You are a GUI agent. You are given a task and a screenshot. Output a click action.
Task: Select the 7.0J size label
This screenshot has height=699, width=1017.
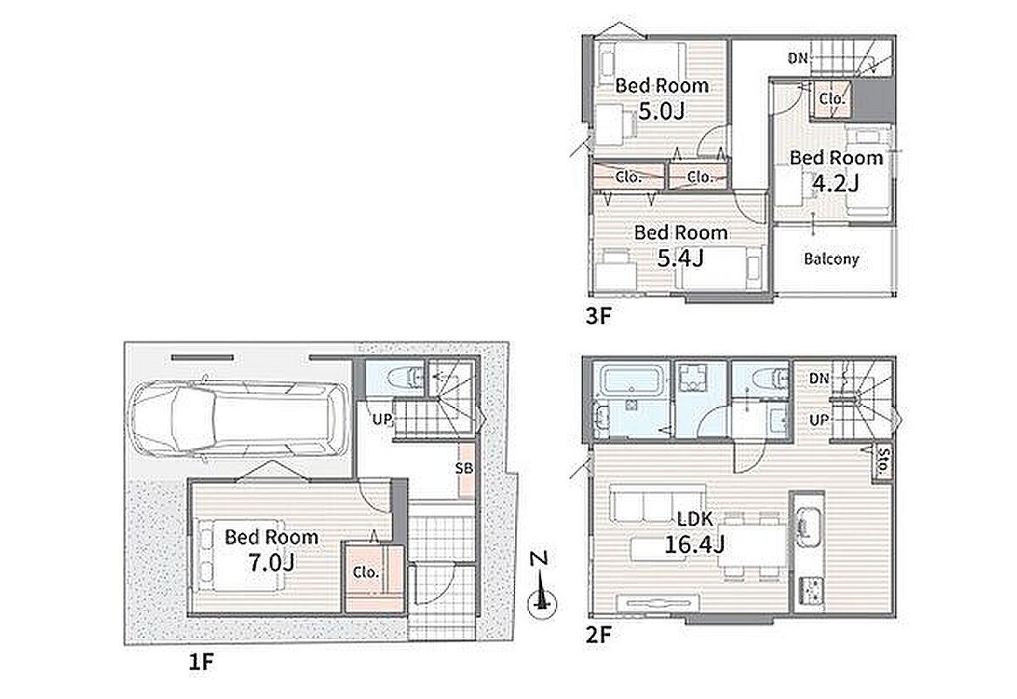271,562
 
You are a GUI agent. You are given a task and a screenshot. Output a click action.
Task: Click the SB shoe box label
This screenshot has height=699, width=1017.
464,468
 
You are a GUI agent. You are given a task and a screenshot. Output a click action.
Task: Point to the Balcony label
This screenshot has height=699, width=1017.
832,259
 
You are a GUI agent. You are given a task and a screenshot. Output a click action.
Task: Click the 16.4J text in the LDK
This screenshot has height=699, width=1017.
694,543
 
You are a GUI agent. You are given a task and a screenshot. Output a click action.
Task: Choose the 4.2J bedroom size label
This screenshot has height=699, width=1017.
835,183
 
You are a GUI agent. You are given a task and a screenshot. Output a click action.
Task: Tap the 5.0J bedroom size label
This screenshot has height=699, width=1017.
661,111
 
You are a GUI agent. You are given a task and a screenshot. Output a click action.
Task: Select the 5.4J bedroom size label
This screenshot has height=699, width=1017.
680,259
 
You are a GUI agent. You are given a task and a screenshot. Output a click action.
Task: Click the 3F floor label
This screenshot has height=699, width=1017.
599,316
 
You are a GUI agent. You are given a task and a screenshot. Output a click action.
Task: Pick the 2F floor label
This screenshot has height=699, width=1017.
599,634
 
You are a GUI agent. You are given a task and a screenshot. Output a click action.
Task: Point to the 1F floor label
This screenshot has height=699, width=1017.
201,662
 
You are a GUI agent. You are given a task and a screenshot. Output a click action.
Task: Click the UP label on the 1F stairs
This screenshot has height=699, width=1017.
382,419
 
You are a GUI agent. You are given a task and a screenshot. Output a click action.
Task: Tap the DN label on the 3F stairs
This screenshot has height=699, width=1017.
799,58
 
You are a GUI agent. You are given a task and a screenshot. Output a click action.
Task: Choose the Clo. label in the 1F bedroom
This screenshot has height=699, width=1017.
367,572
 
